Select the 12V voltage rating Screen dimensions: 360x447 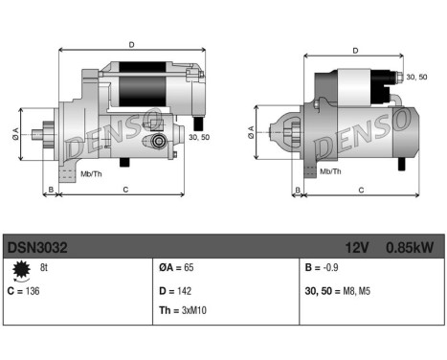pos(358,246)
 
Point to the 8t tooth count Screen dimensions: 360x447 pos(43,268)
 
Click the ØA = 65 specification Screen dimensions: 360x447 pos(177,269)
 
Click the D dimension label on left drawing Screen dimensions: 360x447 pos(131,43)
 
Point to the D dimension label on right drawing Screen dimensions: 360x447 pos(355,51)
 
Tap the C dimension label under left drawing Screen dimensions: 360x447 pos(126,190)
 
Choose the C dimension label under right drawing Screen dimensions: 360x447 pos(361,190)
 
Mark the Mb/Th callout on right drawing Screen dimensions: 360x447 pos(330,171)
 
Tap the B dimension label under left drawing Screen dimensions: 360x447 pos(50,190)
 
